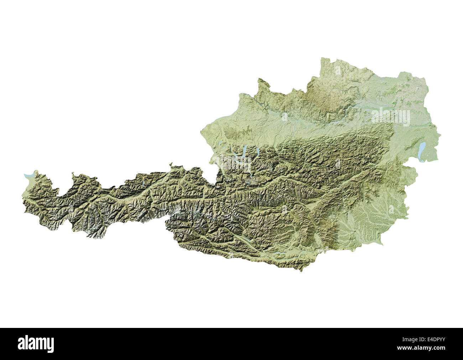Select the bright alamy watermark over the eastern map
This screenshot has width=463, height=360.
click(390, 117)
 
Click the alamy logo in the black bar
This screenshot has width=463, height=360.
click(36, 344)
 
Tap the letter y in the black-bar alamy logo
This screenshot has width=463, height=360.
click(50, 345)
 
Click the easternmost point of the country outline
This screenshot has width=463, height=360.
click(441, 135)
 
